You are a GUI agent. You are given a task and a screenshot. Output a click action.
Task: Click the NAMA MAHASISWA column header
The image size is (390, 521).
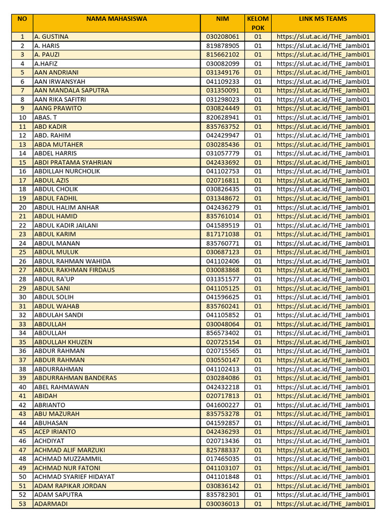click(116, 19)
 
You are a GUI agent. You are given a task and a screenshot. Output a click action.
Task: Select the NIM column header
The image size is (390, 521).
click(222, 19)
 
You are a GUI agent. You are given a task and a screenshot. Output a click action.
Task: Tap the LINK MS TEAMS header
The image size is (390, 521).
click(323, 19)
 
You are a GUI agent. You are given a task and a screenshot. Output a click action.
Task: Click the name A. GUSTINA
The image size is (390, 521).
click(51, 37)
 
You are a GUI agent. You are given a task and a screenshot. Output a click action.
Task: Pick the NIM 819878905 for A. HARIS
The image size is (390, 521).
click(222, 46)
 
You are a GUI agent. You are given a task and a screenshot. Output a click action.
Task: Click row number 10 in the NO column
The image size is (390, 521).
click(22, 118)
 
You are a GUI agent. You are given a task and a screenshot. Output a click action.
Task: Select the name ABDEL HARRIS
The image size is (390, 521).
click(55, 153)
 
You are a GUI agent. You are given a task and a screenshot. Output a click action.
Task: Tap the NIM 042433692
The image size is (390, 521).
click(222, 162)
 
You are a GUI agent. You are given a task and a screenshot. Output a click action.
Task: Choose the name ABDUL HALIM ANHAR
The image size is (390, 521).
click(67, 207)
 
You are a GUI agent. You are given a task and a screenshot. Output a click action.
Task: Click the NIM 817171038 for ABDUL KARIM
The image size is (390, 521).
click(222, 234)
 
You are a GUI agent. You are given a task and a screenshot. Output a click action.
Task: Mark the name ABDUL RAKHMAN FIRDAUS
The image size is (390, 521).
click(74, 270)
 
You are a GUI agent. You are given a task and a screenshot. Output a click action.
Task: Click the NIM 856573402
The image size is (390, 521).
click(222, 333)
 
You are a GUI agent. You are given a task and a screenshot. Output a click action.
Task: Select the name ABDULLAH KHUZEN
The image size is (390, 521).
click(63, 342)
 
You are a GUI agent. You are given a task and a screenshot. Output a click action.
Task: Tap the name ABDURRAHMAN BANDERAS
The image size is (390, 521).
click(75, 378)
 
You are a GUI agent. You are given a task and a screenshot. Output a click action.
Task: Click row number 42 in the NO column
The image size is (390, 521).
click(22, 405)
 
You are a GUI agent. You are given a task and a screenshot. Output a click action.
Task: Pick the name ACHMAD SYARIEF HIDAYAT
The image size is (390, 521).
click(74, 477)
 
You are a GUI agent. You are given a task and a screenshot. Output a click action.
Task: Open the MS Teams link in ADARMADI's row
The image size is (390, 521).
click(323, 504)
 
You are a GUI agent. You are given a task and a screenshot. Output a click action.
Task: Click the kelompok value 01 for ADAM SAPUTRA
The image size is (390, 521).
click(258, 495)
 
